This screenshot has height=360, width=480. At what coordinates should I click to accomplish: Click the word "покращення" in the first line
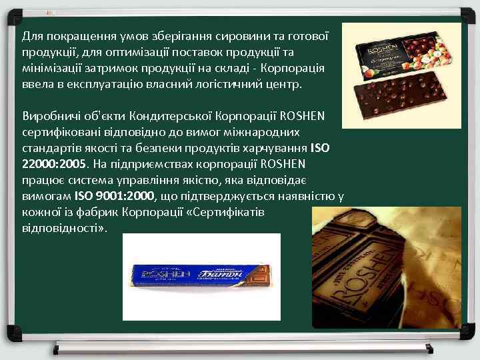75,35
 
